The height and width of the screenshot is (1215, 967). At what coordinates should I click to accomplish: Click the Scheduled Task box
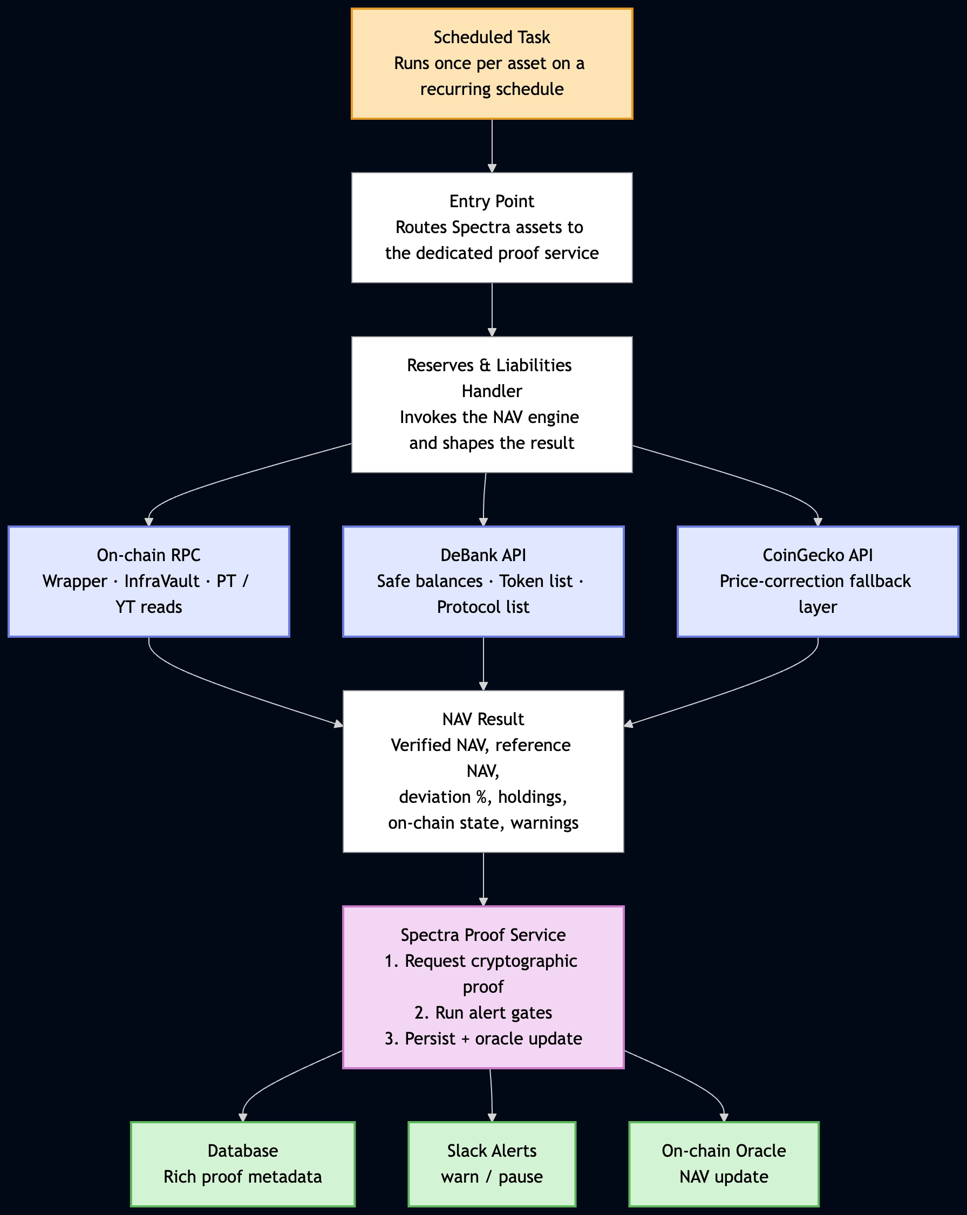click(x=492, y=64)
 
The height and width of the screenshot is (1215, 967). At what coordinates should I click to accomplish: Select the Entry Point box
click(x=492, y=228)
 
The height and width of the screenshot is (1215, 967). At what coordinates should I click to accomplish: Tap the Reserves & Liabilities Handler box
click(x=492, y=405)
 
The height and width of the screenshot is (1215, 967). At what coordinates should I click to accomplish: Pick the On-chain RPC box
click(x=149, y=582)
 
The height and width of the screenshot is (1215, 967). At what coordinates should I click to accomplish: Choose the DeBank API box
click(x=483, y=582)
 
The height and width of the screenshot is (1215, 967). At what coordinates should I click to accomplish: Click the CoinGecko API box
click(x=818, y=582)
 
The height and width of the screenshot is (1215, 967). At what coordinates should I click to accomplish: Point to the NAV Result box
click(x=483, y=772)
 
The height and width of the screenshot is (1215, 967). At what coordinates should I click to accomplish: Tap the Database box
click(x=243, y=1164)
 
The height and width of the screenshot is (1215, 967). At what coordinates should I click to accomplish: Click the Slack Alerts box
click(x=492, y=1164)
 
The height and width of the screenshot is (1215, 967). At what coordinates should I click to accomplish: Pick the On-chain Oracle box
click(x=724, y=1164)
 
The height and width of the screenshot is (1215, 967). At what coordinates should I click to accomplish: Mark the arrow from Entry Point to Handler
click(x=492, y=310)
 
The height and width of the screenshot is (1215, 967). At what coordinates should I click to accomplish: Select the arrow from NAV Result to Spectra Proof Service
click(x=483, y=879)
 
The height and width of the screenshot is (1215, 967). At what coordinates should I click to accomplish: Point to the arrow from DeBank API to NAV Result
click(x=483, y=664)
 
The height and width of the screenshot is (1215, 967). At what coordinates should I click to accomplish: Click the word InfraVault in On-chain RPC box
click(x=162, y=581)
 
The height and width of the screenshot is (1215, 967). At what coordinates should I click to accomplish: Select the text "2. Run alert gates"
click(x=483, y=1013)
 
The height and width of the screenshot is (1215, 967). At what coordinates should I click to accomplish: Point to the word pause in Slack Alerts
click(x=521, y=1177)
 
